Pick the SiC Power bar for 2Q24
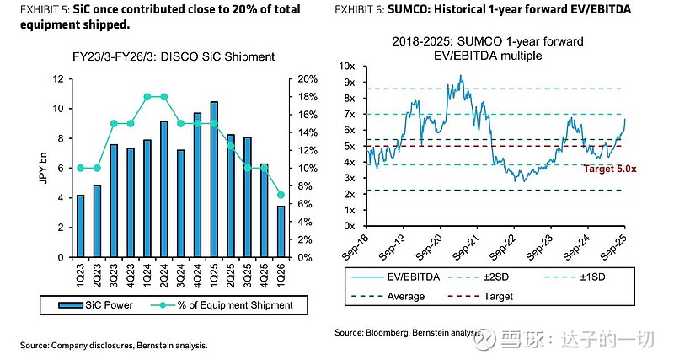pyautogui.click(x=164, y=189)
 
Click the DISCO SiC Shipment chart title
pyautogui.click(x=174, y=57)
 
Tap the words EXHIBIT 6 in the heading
pyautogui.click(x=363, y=11)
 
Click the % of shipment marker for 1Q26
pyautogui.click(x=280, y=195)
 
